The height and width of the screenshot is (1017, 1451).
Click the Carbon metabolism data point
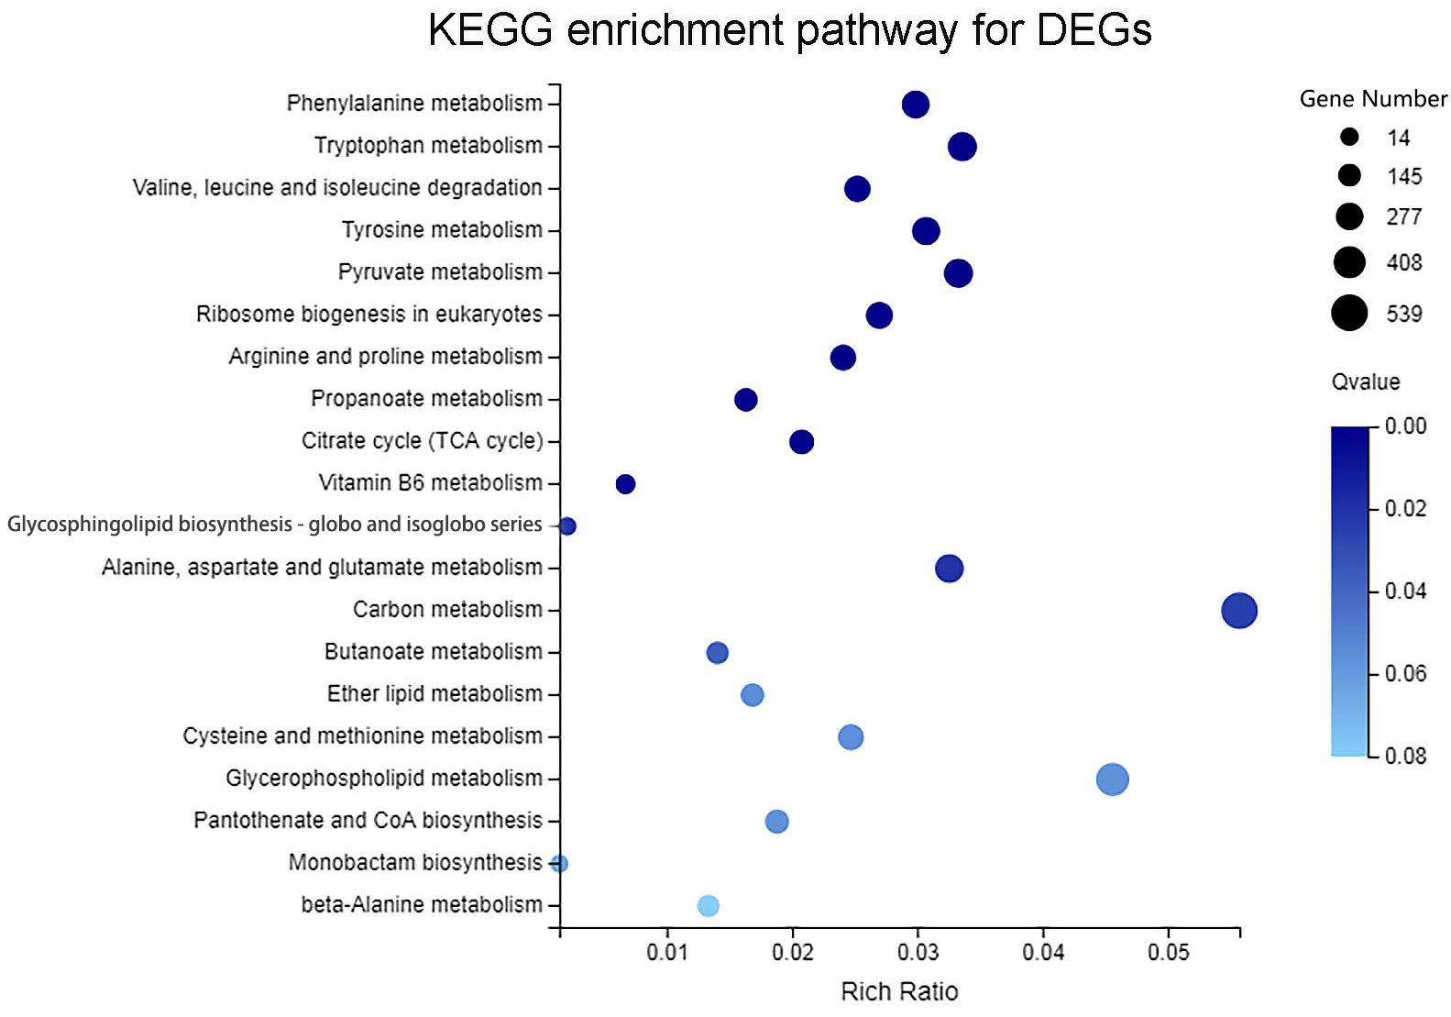1238,610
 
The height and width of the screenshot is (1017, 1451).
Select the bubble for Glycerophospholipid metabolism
1112,779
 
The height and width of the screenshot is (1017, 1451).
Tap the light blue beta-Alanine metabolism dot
708,906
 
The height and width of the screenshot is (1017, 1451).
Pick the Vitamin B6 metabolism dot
625,484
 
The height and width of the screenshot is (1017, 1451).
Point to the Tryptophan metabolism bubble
962,147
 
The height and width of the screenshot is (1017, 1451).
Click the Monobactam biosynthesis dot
560,864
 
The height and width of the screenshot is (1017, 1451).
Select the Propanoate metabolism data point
746,400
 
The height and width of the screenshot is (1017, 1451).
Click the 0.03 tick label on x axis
918,952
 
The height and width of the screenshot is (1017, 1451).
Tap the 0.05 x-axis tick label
1168,952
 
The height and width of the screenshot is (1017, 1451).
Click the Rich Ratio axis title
899,991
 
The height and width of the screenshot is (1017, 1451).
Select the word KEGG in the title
490,30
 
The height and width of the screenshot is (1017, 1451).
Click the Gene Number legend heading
1372,99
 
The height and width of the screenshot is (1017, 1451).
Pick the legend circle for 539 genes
1349,314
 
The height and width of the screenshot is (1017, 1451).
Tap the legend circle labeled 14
1349,138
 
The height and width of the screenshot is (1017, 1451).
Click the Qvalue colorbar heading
1365,381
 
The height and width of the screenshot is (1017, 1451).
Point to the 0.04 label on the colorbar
1405,591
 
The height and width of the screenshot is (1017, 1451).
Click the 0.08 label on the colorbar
1405,757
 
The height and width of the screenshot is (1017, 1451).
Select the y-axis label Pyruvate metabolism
440,272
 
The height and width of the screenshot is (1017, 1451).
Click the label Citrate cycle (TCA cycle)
423,441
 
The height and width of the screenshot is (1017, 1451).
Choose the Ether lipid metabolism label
434,694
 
